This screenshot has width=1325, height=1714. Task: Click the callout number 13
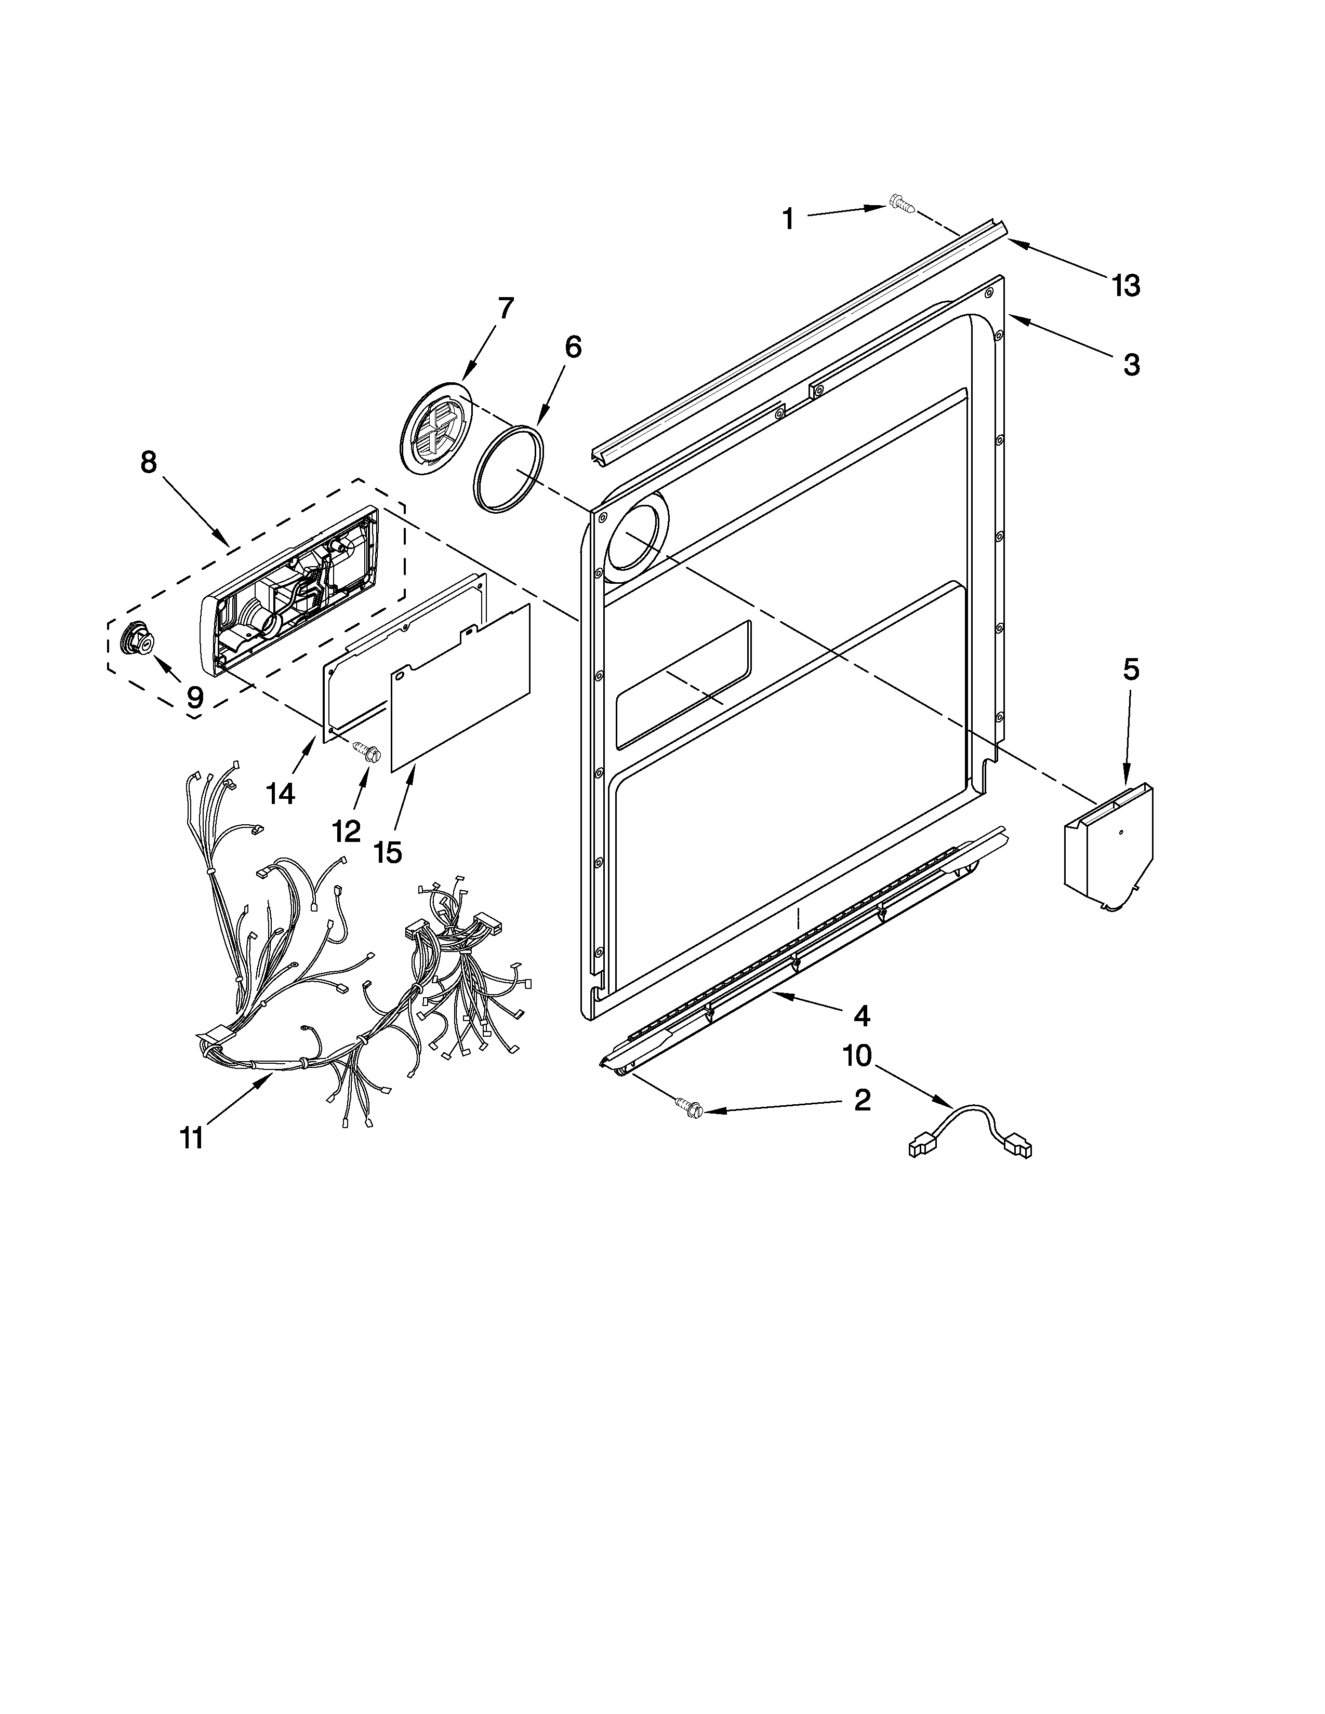(x=1125, y=286)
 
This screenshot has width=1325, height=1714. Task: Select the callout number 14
(x=280, y=794)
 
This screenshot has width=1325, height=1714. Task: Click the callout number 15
(x=388, y=851)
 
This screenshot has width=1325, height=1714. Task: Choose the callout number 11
(x=192, y=1137)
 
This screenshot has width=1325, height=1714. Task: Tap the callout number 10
(x=857, y=1055)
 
